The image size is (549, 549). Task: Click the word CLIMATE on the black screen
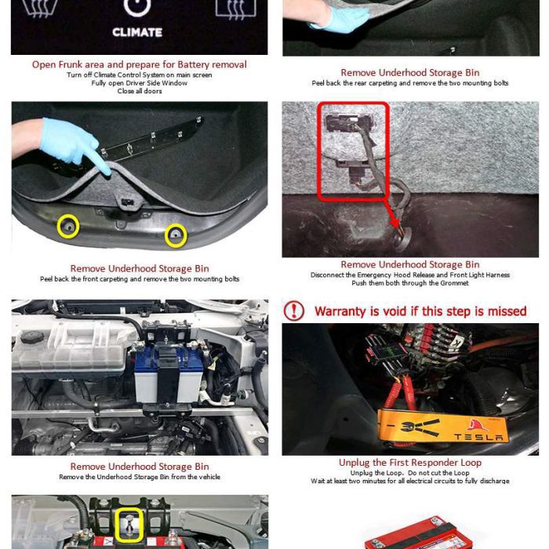point(137,32)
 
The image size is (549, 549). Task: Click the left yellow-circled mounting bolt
point(68,227)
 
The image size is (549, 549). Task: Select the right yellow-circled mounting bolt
point(176,235)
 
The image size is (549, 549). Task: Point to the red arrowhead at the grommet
point(394,222)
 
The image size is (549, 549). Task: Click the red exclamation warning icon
point(294,311)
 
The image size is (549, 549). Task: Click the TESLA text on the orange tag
point(478,437)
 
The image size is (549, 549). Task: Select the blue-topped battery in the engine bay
point(169,375)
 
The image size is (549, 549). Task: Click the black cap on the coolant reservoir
point(32,337)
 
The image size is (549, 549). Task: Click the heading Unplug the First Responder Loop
point(410,463)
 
